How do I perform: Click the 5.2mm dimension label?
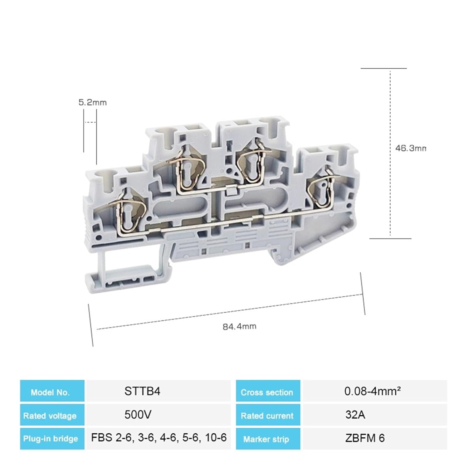coord(92,102)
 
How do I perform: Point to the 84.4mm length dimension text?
coord(239,326)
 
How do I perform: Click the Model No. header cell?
coord(52,392)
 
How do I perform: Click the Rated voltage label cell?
coord(52,416)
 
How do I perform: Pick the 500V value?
coord(138,415)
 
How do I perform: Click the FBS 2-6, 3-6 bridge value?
coord(158,438)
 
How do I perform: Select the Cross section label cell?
coord(268,392)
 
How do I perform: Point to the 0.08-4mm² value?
coord(372,391)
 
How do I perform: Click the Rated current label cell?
coord(268,416)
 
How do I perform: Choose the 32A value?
coord(355,415)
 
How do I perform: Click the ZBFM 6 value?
coord(365,438)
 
